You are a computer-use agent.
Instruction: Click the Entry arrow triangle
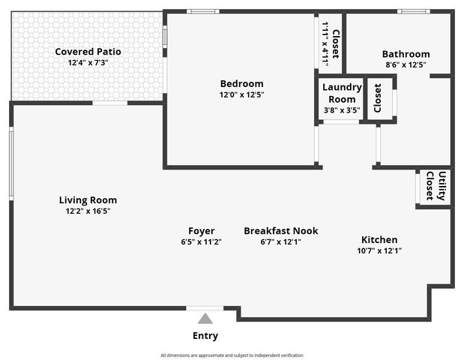point(205,319)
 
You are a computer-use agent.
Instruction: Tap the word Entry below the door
point(205,335)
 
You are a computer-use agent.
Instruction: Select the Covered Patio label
point(88,52)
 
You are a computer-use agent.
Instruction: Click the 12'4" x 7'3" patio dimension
point(88,63)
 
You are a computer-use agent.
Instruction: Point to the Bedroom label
point(241,83)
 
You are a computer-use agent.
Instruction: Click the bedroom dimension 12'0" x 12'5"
point(241,94)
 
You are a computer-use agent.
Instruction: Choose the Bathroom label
point(406,54)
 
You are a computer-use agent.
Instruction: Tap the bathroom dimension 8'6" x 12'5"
point(406,65)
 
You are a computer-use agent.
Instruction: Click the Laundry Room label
point(342,93)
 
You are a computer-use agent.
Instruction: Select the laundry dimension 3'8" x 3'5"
point(342,110)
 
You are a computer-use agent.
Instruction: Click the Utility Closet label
point(436,186)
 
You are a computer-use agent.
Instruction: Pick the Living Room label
point(88,200)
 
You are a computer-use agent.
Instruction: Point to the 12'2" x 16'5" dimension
point(88,211)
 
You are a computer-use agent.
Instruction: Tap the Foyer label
point(201,231)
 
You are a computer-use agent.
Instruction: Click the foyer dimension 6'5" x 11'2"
point(201,242)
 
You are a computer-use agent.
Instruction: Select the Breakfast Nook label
point(280,231)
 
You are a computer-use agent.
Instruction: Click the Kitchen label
point(379,239)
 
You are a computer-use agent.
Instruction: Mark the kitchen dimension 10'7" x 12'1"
point(379,250)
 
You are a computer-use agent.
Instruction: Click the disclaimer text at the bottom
point(232,355)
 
